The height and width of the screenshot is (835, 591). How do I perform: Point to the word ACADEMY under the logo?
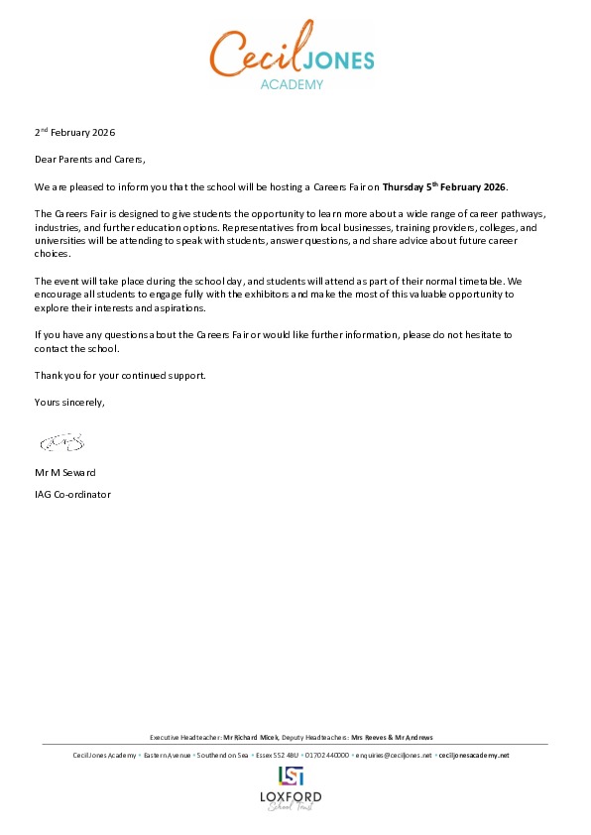tap(292, 85)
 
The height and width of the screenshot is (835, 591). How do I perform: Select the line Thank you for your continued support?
tap(120, 375)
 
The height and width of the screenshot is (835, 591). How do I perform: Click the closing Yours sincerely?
tap(68, 402)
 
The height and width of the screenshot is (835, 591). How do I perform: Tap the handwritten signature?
tap(61, 438)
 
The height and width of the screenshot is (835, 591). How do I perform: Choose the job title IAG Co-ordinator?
tap(73, 493)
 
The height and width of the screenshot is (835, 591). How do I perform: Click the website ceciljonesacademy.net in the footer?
tap(474, 756)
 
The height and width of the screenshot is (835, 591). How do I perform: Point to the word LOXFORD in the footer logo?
tap(291, 797)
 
